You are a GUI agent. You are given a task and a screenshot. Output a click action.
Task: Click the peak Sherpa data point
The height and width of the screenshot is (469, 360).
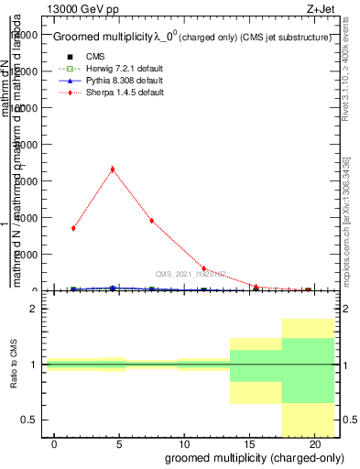[113, 169]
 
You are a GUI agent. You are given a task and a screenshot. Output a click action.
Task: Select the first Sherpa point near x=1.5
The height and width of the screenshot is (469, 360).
[73, 228]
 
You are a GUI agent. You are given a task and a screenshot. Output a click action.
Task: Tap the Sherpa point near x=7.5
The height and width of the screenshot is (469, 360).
[151, 221]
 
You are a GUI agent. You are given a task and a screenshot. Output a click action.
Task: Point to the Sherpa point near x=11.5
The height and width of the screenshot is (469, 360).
[203, 268]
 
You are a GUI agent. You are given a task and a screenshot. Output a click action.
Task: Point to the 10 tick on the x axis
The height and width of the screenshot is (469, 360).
[184, 444]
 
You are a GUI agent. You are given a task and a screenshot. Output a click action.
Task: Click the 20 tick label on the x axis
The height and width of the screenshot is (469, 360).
[313, 444]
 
